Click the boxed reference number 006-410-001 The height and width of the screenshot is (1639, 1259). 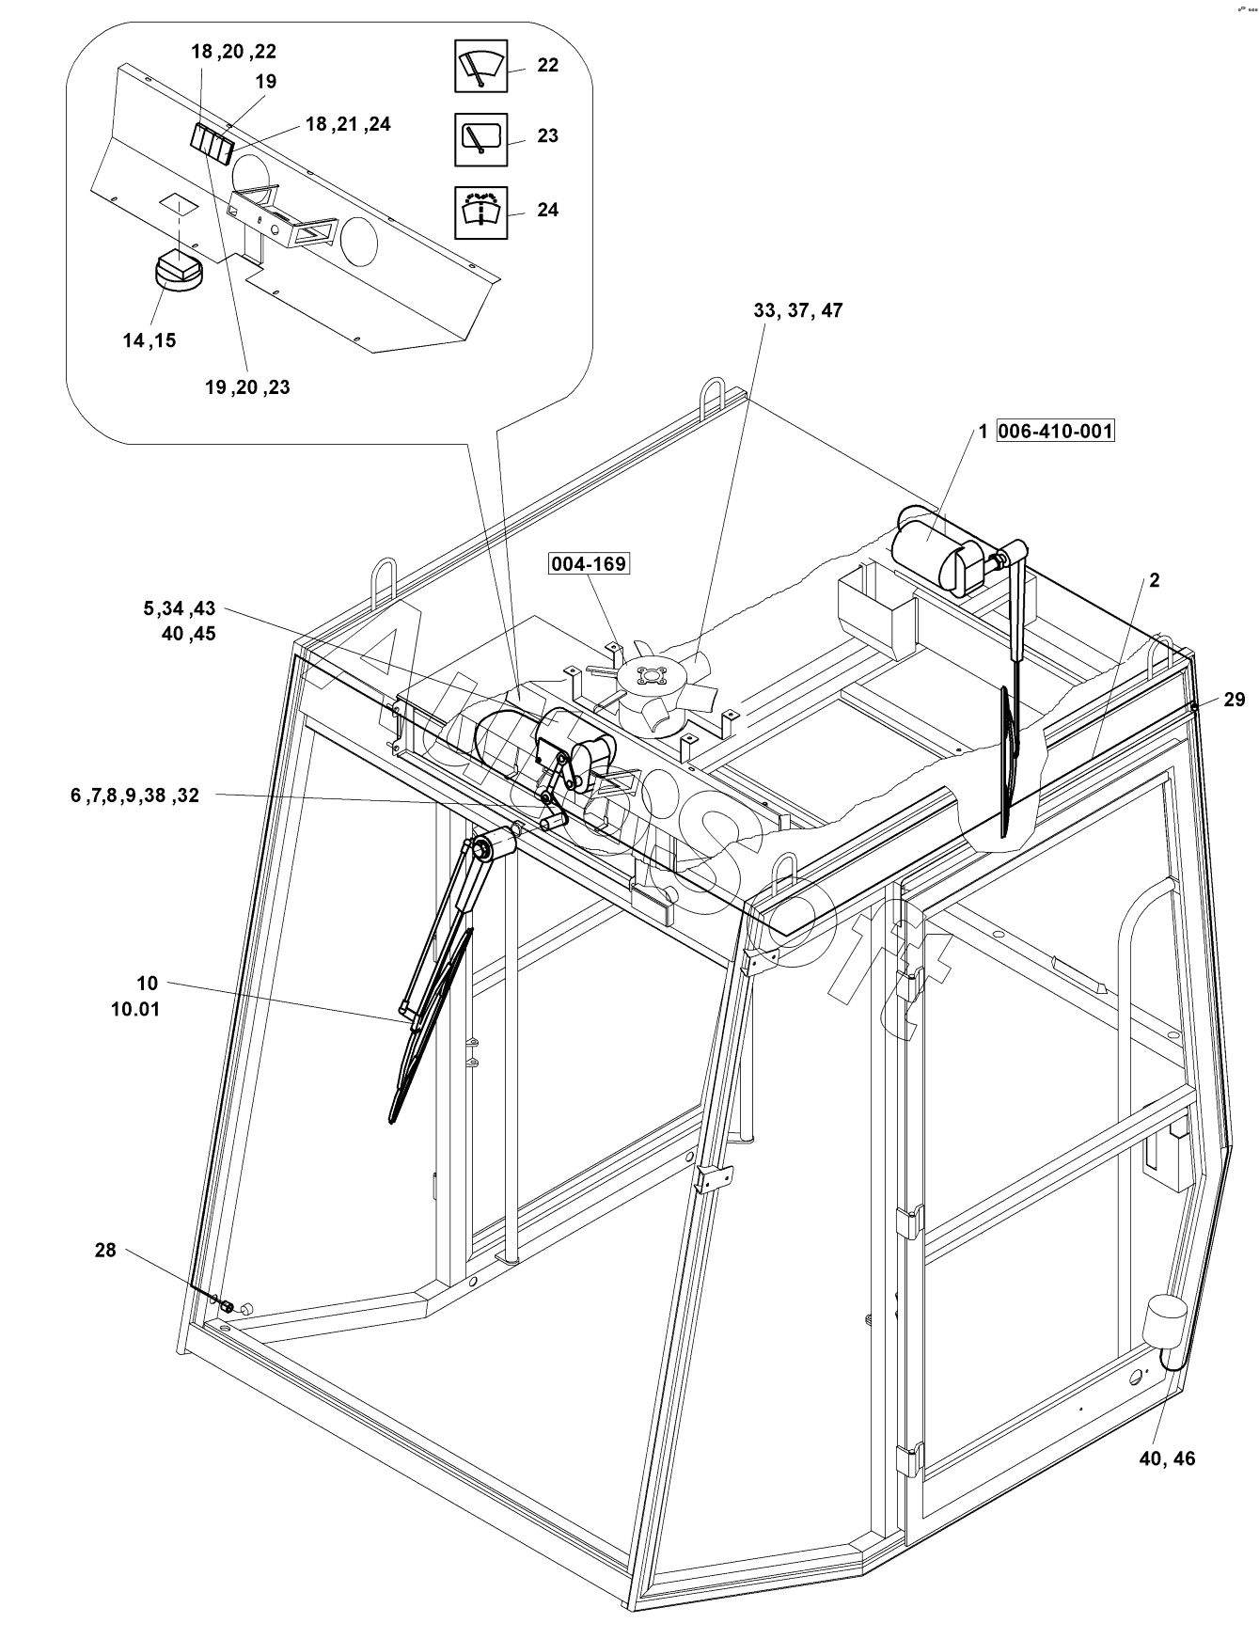coord(1055,432)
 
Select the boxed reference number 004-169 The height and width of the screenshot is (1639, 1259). coord(590,564)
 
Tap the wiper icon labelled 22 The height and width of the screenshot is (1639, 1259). coord(480,66)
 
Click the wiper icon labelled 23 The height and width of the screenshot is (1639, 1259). coord(480,138)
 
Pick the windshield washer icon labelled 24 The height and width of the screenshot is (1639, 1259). coord(480,211)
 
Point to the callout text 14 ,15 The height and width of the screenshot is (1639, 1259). coord(149,340)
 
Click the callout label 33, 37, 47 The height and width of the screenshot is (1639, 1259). coord(797,310)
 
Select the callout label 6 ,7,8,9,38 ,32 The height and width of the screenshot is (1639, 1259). coord(134,796)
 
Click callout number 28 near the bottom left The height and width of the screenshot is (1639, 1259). coord(105,1250)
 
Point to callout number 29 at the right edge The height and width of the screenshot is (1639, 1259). coord(1234,699)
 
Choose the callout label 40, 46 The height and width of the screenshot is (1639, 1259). coord(1167,1458)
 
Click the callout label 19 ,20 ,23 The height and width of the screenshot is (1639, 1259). coord(247,386)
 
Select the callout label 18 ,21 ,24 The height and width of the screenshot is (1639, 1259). coord(348,124)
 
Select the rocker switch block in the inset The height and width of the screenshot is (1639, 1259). coord(212,145)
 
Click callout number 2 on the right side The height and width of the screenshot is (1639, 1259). coord(1154,580)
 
